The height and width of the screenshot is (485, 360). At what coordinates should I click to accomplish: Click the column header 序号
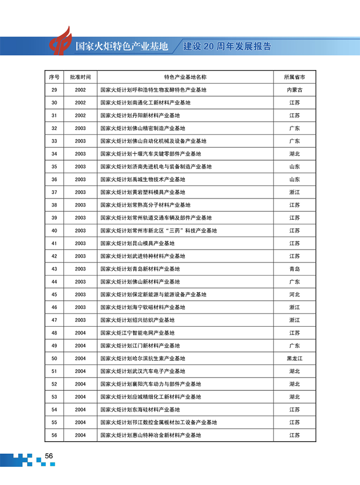pos(54,77)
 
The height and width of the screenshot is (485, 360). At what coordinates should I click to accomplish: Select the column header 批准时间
pos(80,77)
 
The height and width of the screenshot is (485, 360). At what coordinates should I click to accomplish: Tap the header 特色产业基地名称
pos(185,77)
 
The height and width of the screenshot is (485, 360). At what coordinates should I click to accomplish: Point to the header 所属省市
pos(294,77)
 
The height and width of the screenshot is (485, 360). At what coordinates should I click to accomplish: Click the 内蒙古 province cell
pos(294,90)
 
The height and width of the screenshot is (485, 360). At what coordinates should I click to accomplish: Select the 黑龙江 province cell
pos(294,358)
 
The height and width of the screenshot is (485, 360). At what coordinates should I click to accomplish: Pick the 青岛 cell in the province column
pos(294,269)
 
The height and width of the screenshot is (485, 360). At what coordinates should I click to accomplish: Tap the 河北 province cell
pos(294,294)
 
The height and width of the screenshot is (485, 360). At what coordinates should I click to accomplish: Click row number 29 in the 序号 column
pos(54,90)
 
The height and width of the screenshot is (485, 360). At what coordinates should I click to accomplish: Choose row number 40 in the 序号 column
pos(54,231)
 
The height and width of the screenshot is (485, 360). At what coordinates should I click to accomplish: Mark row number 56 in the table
pos(54,435)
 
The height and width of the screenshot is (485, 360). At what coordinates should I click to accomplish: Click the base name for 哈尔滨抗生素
pos(143,358)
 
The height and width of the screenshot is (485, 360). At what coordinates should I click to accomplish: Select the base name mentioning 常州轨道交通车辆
pos(156,218)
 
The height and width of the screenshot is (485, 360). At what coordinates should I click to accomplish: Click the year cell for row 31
pos(80,115)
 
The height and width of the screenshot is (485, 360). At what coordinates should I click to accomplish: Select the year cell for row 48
pos(80,333)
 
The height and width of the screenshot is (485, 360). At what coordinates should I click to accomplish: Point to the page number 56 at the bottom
pos(49,456)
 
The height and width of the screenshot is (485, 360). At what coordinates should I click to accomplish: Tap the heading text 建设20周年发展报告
pos(227,47)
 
